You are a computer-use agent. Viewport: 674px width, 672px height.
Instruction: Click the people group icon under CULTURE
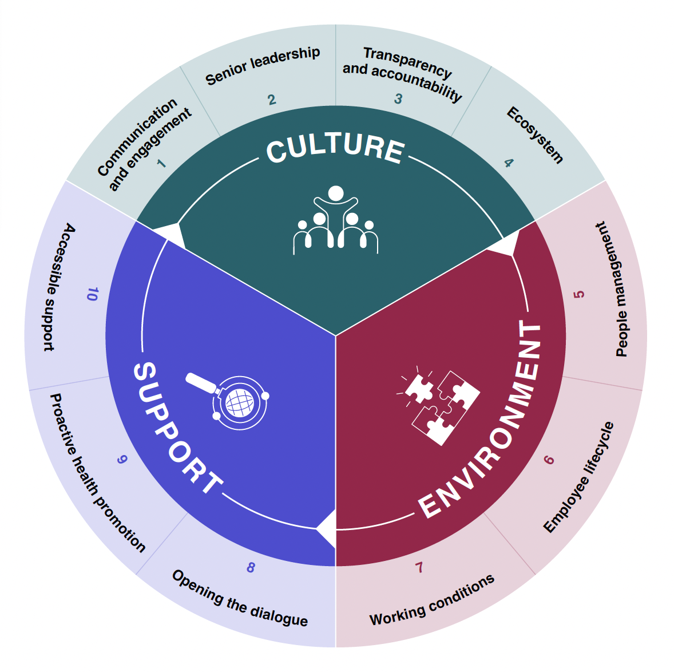click(336, 220)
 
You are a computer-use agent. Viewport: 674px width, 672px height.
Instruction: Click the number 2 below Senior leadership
click(272, 100)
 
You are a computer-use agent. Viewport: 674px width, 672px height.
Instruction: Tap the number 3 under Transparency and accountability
click(398, 99)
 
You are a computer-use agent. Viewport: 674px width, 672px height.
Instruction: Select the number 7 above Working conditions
click(419, 568)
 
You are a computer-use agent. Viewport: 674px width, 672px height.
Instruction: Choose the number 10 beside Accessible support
click(92, 294)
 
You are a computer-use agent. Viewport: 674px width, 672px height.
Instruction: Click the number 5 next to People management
click(579, 294)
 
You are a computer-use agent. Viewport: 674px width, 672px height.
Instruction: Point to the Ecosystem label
click(535, 135)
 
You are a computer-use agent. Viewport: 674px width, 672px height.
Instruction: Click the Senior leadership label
click(263, 66)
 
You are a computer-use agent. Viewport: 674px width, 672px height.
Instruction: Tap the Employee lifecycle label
click(578, 477)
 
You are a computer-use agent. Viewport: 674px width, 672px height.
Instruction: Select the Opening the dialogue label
click(240, 599)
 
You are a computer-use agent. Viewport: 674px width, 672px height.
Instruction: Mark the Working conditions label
click(432, 601)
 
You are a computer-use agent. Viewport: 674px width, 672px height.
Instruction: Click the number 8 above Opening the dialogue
click(251, 568)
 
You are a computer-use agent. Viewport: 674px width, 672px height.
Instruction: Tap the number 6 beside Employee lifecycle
click(549, 460)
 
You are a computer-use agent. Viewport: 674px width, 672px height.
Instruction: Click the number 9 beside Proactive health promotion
click(121, 460)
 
